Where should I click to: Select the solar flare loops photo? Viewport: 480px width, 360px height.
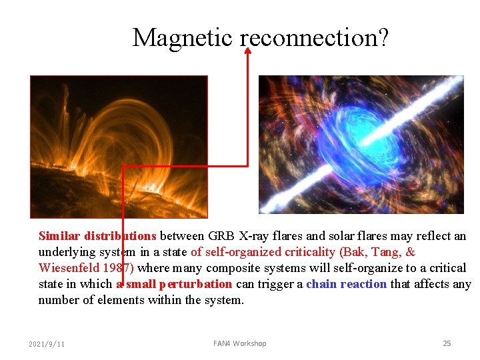[x=119, y=147]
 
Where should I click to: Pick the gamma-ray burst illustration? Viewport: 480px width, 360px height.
[x=361, y=144]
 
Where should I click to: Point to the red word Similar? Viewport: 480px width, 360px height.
[x=59, y=236]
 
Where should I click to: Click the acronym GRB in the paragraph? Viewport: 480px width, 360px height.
[x=221, y=236]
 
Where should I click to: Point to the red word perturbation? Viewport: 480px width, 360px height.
[x=199, y=284]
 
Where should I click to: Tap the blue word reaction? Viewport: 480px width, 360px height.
[x=365, y=284]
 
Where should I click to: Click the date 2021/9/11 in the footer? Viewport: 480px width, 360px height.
[x=47, y=344]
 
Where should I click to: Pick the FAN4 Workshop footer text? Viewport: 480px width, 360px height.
[x=239, y=343]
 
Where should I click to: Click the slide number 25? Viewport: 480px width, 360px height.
[x=447, y=343]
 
